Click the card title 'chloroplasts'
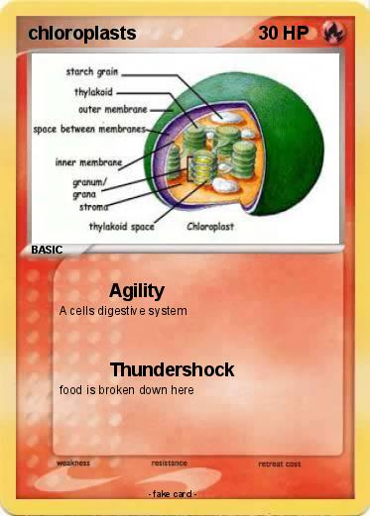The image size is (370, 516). tap(83, 33)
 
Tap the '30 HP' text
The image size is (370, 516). tap(283, 33)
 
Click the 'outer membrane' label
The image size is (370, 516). tap(108, 109)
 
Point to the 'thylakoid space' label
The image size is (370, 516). tap(121, 226)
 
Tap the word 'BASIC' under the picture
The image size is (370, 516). tap(47, 251)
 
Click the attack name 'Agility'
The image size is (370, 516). tap(137, 291)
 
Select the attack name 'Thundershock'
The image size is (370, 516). tap(172, 370)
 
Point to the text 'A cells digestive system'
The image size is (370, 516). tap(123, 311)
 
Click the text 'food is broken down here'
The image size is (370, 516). tap(126, 389)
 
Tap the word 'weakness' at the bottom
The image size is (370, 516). tap(73, 463)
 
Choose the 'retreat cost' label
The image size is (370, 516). tap(279, 464)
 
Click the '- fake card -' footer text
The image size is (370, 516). tap(172, 493)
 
